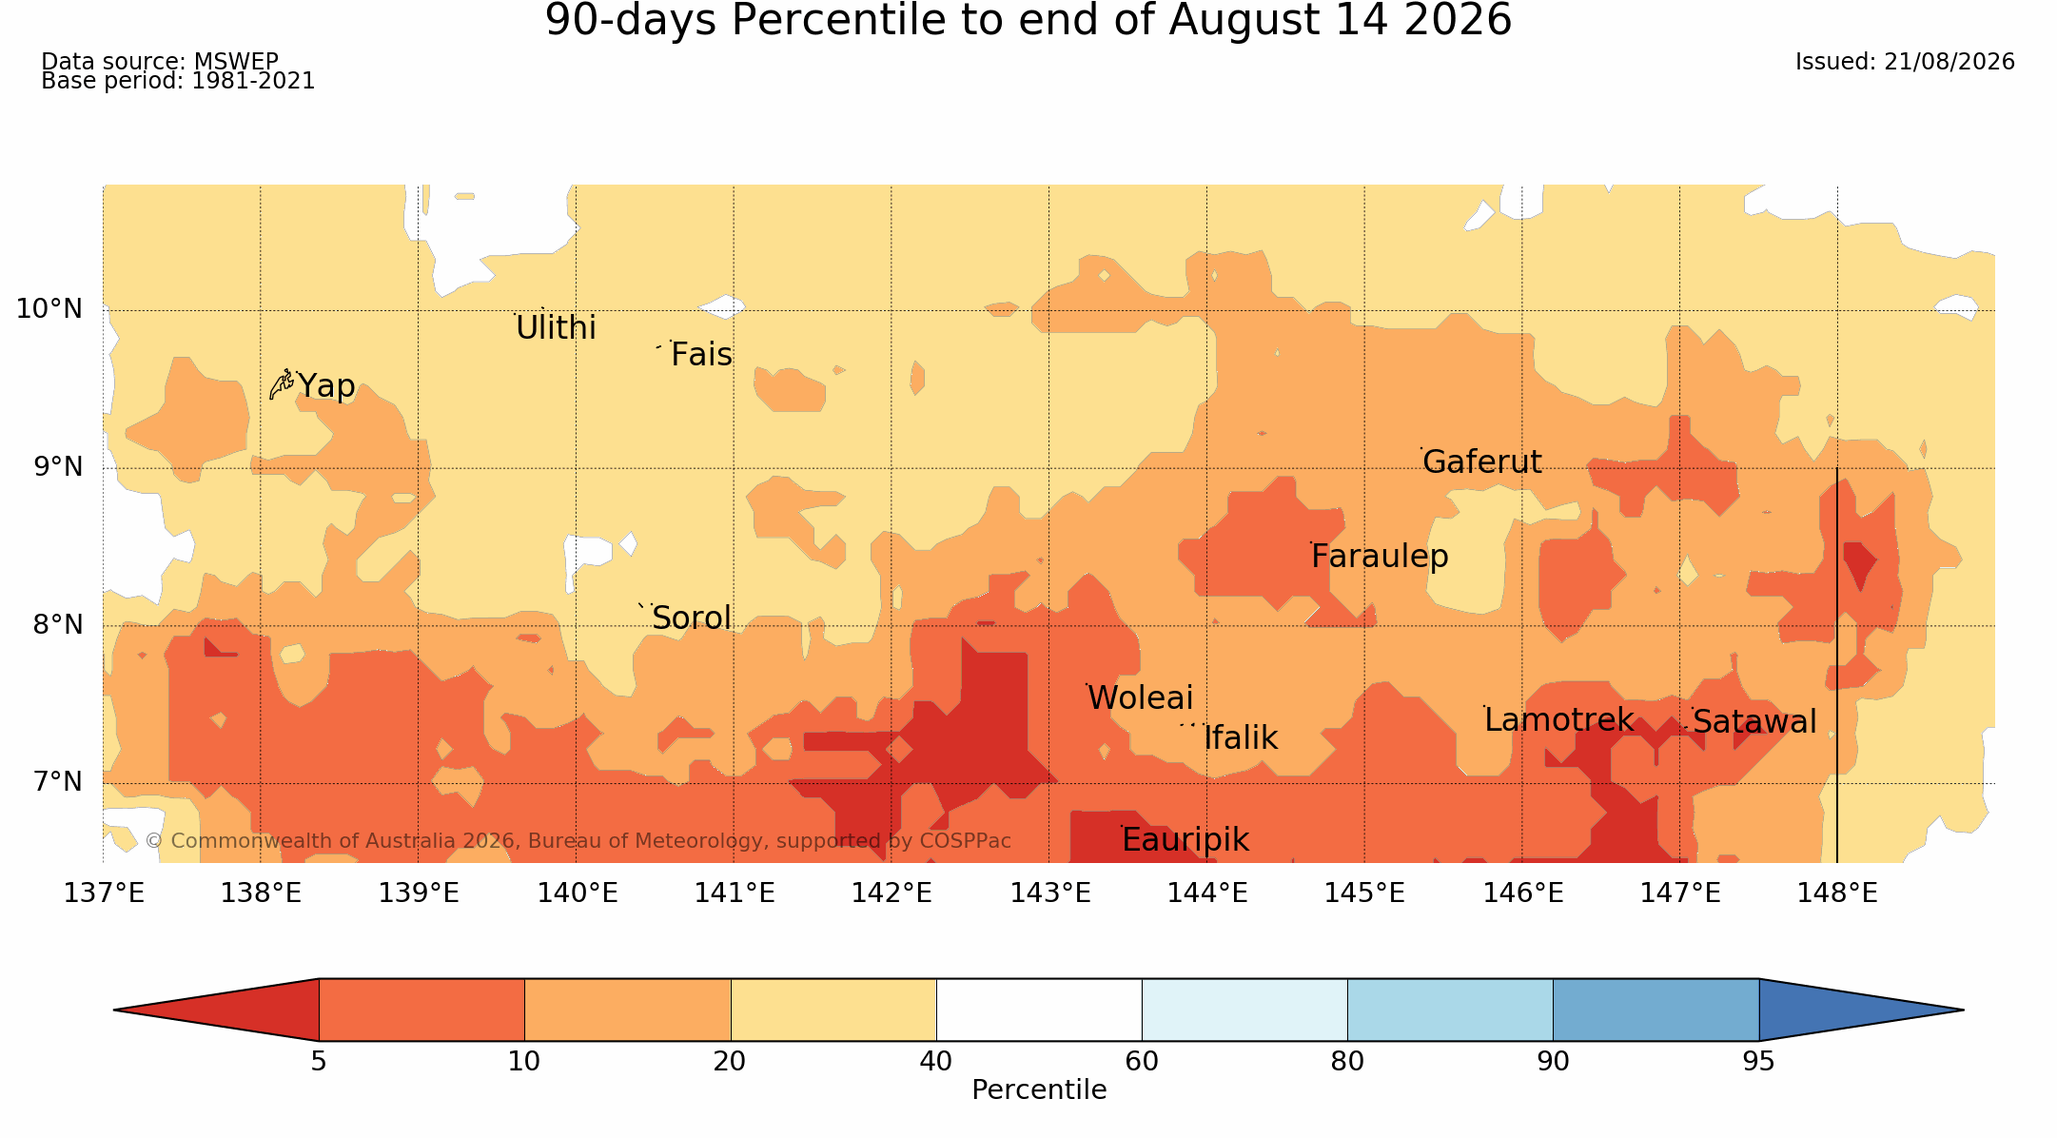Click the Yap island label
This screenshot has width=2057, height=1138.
pyautogui.click(x=326, y=386)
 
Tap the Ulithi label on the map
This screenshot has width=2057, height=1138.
pyautogui.click(x=556, y=328)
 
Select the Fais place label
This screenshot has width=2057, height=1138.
pyautogui.click(x=701, y=355)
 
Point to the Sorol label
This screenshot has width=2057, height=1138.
pyautogui.click(x=692, y=618)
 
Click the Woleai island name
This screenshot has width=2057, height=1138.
pyautogui.click(x=1140, y=698)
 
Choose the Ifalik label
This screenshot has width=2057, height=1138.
pyautogui.click(x=1241, y=738)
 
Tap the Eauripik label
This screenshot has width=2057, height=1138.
pyautogui.click(x=1185, y=840)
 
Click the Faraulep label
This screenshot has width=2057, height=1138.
pyautogui.click(x=1380, y=557)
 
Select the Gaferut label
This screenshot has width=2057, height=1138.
pyautogui.click(x=1481, y=462)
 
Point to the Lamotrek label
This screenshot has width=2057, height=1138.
pyautogui.click(x=1558, y=720)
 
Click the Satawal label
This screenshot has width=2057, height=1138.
pyautogui.click(x=1754, y=722)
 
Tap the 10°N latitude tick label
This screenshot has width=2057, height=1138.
pyautogui.click(x=49, y=309)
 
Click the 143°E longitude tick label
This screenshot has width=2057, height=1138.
pyautogui.click(x=1049, y=893)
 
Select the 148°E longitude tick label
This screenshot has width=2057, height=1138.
pyautogui.click(x=1837, y=893)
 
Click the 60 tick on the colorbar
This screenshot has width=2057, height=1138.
pyautogui.click(x=1142, y=1061)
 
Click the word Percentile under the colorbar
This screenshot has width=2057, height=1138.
pyautogui.click(x=1039, y=1090)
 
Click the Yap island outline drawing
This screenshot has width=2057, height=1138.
pyautogui.click(x=281, y=384)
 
